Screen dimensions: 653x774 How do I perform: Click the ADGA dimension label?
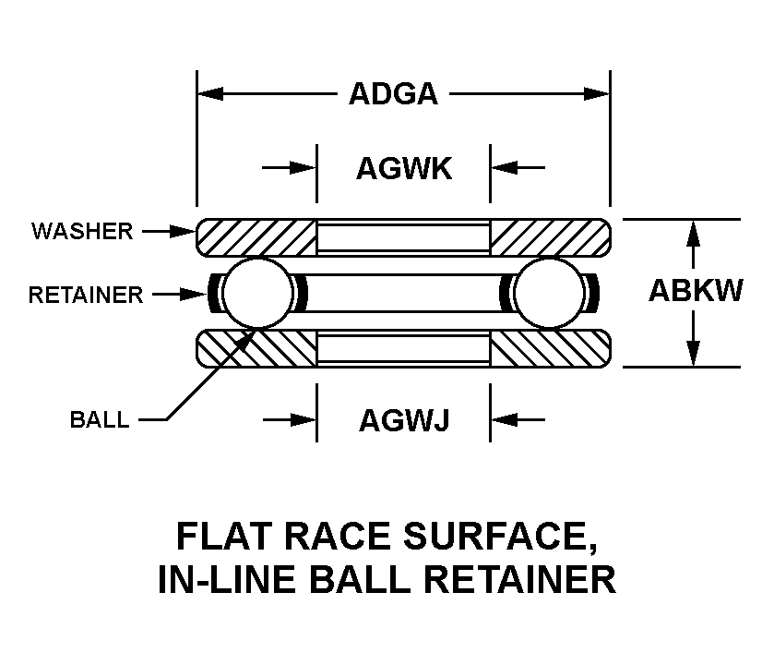click(393, 94)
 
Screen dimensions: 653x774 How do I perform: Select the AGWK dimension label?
click(404, 168)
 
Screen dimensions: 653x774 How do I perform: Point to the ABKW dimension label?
click(696, 291)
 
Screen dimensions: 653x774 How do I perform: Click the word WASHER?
click(82, 231)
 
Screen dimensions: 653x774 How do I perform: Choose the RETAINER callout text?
click(86, 296)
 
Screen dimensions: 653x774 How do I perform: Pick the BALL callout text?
click(100, 420)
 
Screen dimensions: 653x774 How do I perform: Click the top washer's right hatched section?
click(549, 237)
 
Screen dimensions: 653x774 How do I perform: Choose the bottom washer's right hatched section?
click(549, 348)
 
